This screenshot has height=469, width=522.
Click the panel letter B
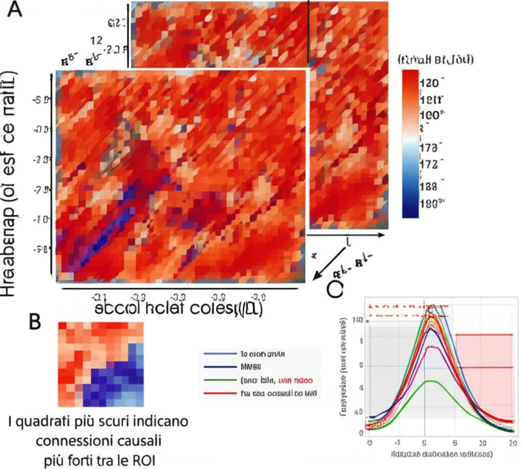point(36,322)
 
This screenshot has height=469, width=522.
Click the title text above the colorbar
point(435,60)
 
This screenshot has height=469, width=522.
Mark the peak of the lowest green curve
point(431,381)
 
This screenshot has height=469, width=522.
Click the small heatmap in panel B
point(100,363)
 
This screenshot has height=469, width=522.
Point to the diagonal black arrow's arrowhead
point(315,278)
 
